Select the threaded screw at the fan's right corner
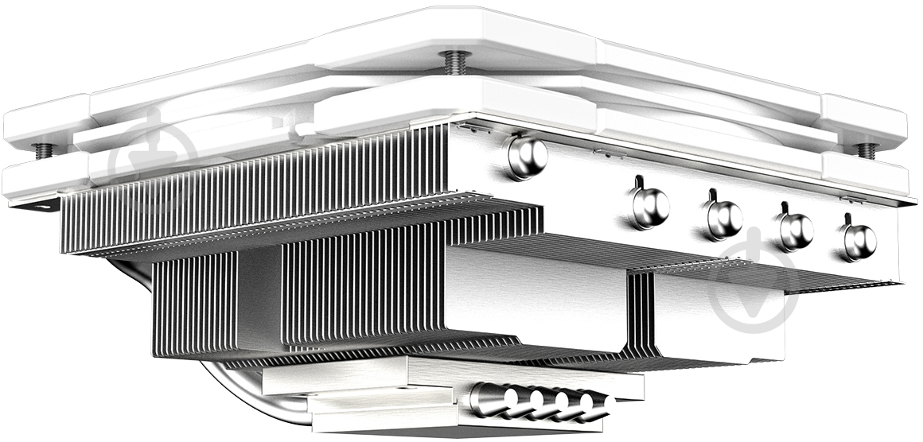coord(867,149)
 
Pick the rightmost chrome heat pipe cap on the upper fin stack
coord(859,240)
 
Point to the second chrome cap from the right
coord(796,230)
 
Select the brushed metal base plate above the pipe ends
coord(446,374)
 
